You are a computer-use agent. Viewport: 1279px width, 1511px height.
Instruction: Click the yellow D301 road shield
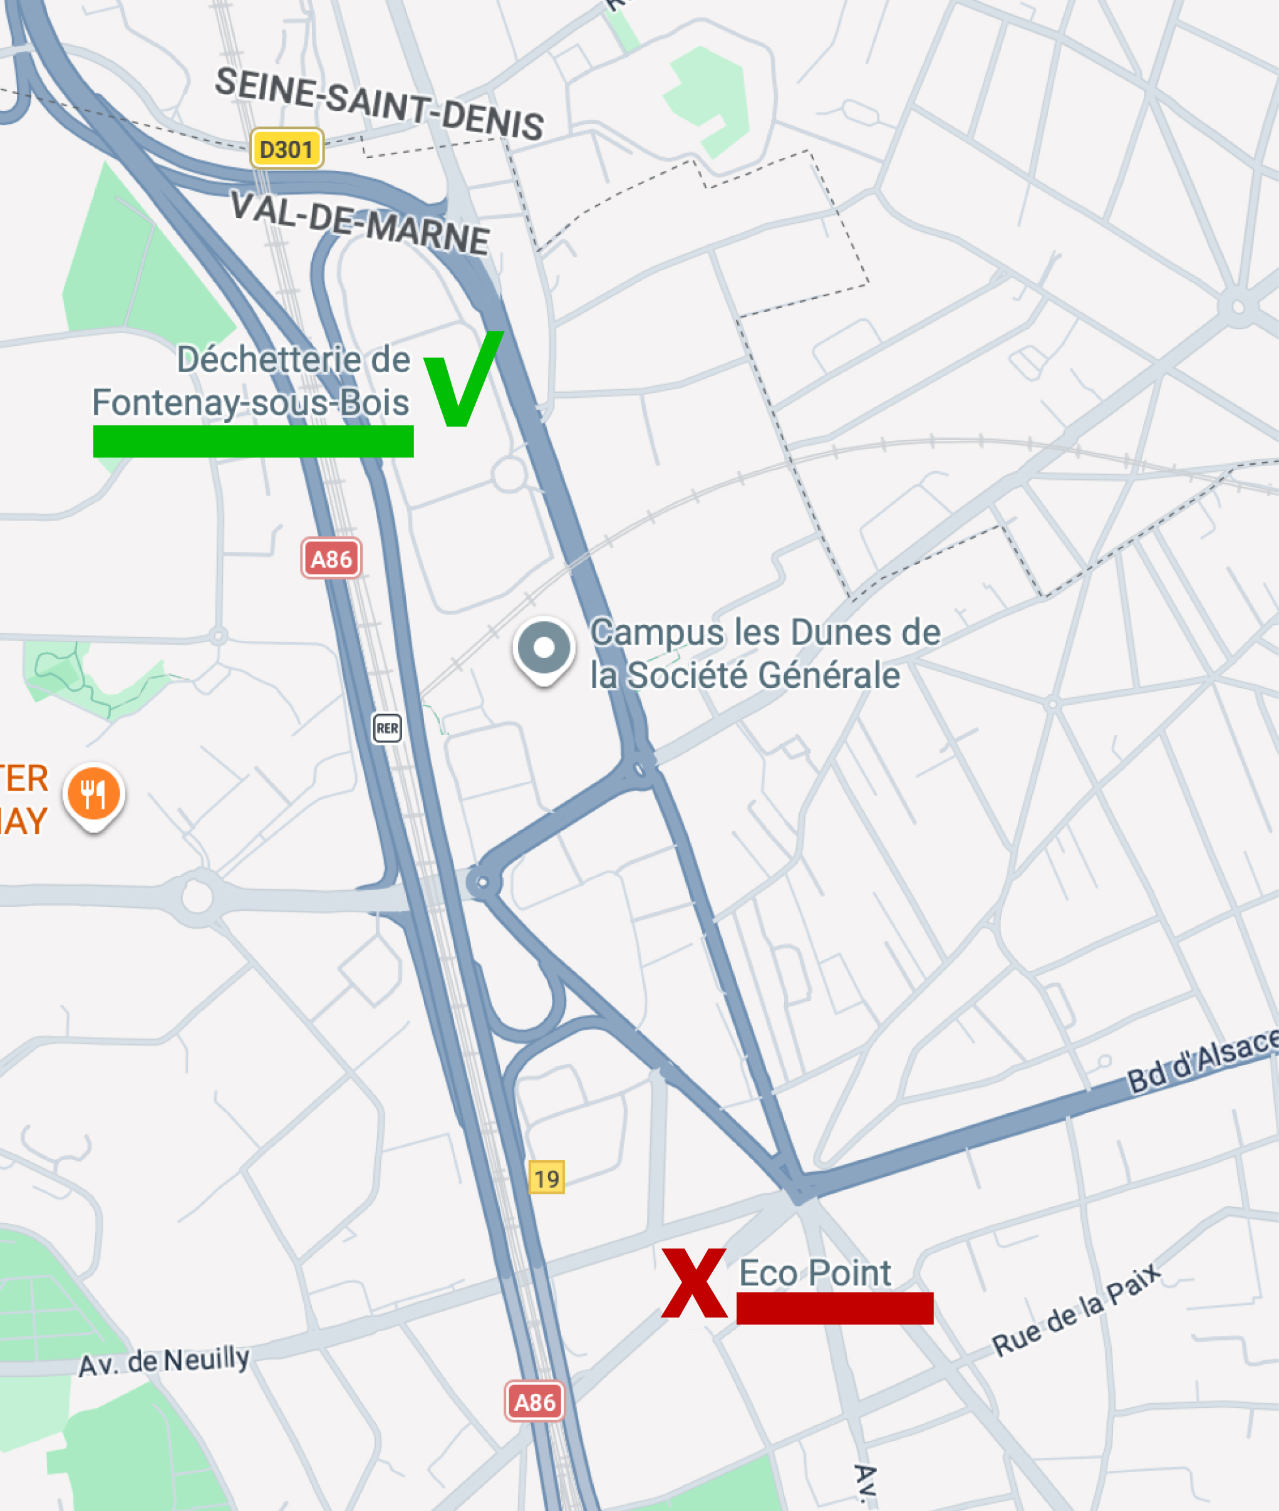point(286,148)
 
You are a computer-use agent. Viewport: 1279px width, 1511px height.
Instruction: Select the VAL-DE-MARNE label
point(360,222)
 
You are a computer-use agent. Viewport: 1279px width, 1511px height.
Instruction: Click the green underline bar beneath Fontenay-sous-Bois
point(253,441)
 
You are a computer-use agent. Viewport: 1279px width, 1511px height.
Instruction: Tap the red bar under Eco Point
point(834,1308)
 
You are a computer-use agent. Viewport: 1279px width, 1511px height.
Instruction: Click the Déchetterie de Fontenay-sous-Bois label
point(251,381)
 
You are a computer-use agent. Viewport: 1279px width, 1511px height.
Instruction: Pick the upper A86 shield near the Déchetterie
point(331,558)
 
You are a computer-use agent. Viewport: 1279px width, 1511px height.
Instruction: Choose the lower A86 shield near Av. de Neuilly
point(534,1401)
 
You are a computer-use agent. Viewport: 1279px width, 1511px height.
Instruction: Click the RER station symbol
point(387,728)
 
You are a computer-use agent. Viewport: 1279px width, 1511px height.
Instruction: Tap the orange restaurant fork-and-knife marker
point(93,794)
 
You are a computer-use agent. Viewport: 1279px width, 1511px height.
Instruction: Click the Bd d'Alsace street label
point(1201,1059)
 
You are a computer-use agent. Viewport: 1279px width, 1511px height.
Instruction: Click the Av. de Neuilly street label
point(164,1361)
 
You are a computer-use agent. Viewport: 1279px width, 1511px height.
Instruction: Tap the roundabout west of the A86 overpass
point(197,897)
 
